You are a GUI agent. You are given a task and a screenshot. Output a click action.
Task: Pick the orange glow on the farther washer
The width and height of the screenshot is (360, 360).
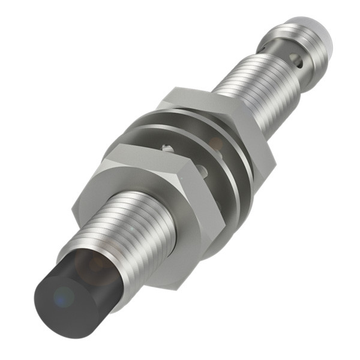click(x=216, y=144)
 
